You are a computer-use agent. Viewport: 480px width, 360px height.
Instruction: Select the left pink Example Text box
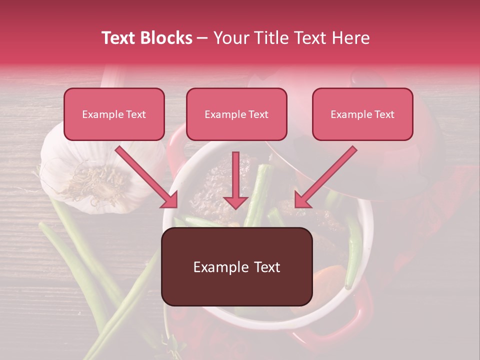pyautogui.click(x=114, y=114)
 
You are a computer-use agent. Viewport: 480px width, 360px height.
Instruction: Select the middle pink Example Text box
pyautogui.click(x=236, y=114)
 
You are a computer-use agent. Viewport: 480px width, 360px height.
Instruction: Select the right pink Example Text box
pyautogui.click(x=362, y=114)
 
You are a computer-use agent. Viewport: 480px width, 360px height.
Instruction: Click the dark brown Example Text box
pyautogui.click(x=236, y=267)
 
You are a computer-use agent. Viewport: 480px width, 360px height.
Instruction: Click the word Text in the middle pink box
pyautogui.click(x=258, y=114)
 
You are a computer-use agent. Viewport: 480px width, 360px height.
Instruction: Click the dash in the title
pyautogui.click(x=202, y=38)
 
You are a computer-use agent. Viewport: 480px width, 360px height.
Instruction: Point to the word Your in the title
pyautogui.click(x=231, y=38)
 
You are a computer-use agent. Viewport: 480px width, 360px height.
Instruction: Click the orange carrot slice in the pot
pyautogui.click(x=330, y=277)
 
